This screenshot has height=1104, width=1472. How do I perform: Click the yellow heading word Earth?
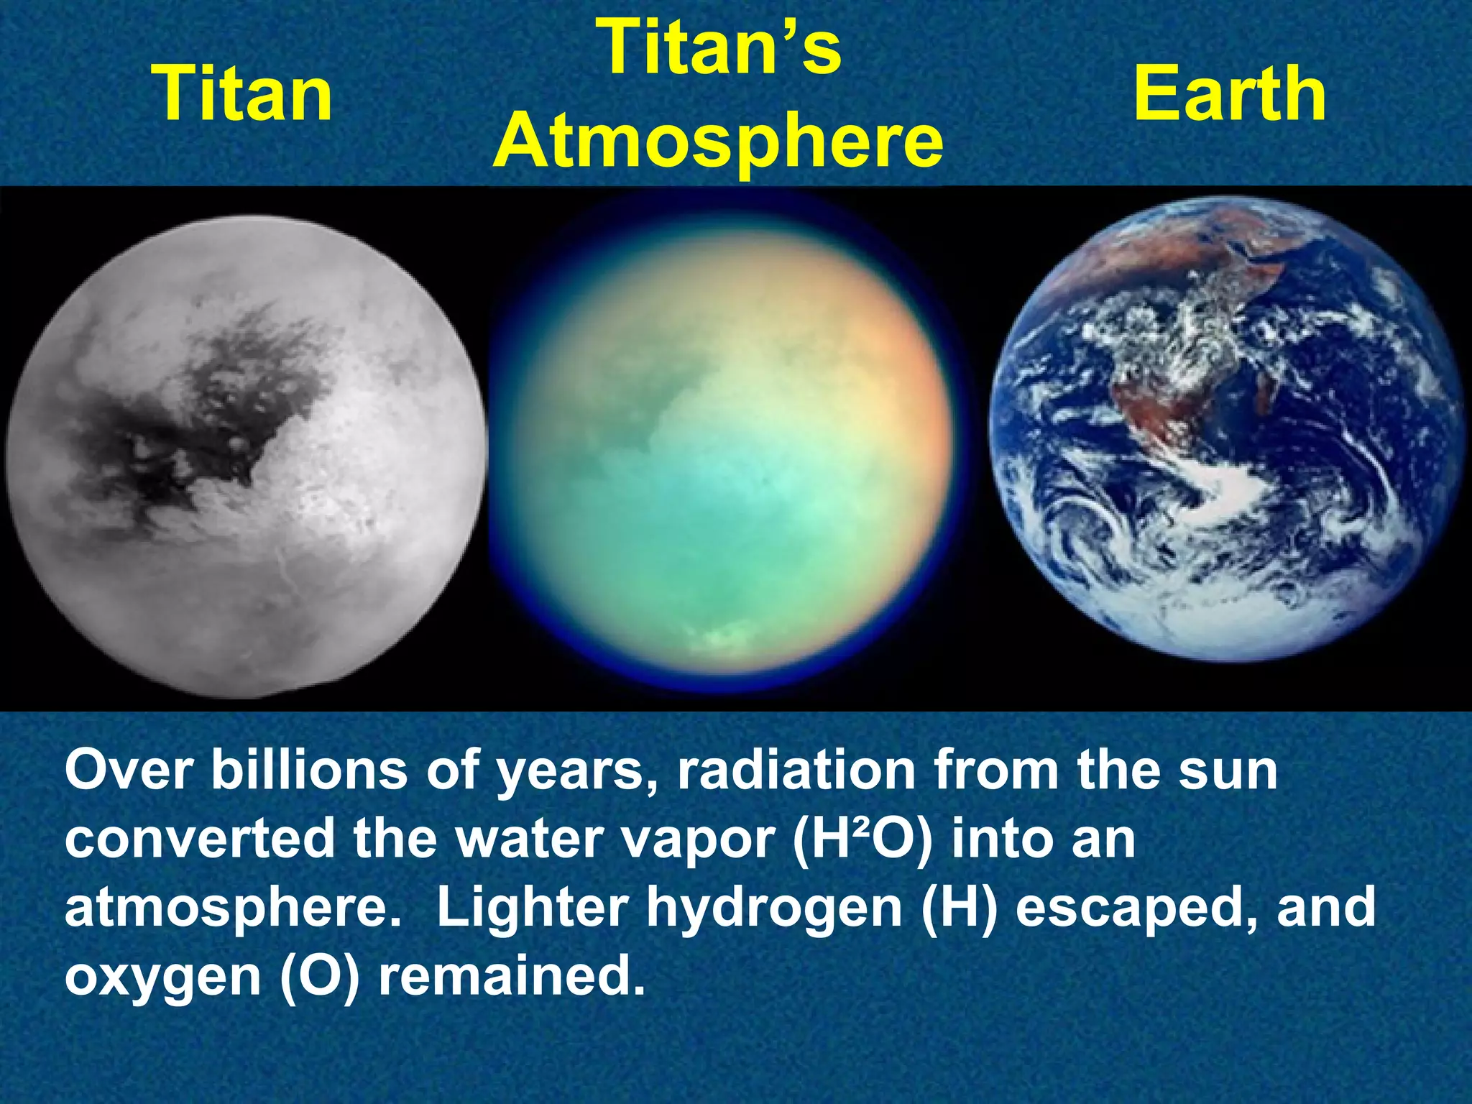pyautogui.click(x=1230, y=93)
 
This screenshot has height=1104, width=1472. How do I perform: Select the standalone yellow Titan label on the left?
pyautogui.click(x=243, y=93)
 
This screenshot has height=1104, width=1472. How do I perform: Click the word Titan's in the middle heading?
pyautogui.click(x=721, y=47)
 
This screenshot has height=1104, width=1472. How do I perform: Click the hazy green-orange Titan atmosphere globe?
pyautogui.click(x=721, y=446)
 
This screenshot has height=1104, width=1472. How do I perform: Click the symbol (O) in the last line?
pyautogui.click(x=319, y=976)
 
